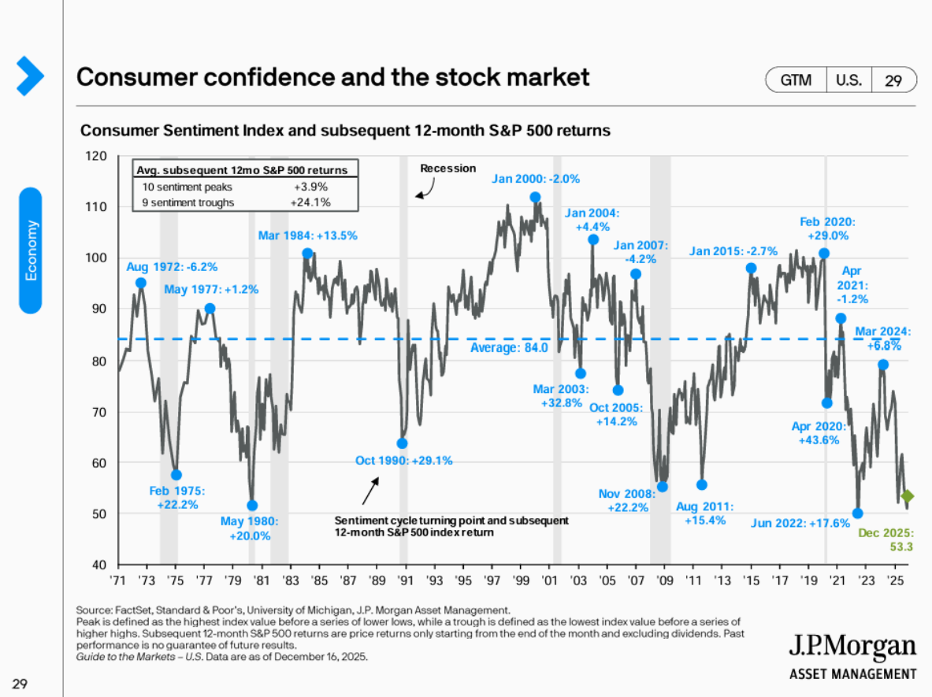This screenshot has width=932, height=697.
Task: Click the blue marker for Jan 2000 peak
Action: click(536, 198)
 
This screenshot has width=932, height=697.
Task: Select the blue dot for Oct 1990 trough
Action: click(402, 443)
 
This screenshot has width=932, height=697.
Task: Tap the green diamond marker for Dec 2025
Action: click(907, 496)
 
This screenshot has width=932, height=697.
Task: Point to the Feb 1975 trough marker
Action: click(176, 475)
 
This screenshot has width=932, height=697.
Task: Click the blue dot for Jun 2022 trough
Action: click(858, 513)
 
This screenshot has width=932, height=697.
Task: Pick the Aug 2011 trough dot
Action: click(702, 485)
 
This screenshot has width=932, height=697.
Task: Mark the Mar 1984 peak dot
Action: click(307, 254)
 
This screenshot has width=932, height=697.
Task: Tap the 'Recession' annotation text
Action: click(447, 168)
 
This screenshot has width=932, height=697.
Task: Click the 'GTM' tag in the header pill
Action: click(795, 80)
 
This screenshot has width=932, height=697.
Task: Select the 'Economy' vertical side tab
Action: click(31, 250)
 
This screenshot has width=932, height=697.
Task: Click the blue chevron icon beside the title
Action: click(30, 76)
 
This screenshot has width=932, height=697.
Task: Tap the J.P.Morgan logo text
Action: click(852, 648)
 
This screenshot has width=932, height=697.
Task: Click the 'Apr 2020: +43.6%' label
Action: click(824, 433)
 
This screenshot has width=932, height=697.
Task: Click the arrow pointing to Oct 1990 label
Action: click(369, 491)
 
